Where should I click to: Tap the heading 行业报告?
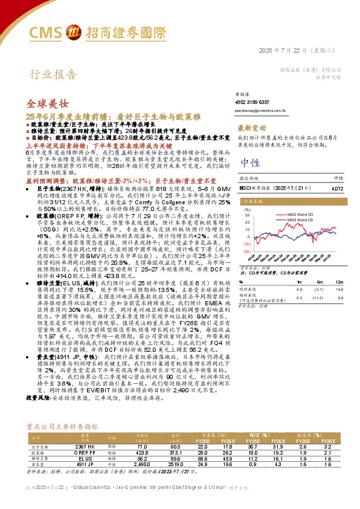pyautogui.click(x=54, y=76)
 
